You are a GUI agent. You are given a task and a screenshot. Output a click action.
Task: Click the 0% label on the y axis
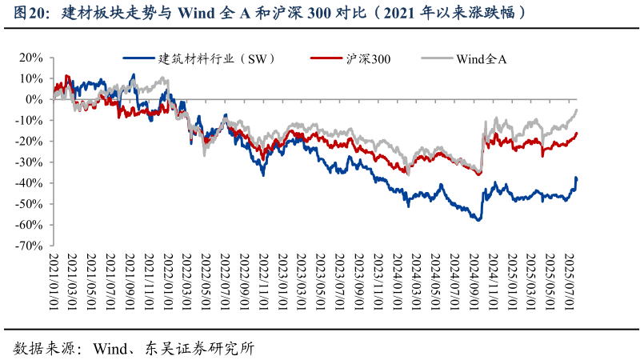pos(35,99)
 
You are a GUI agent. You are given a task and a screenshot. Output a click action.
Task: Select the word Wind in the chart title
pos(197,13)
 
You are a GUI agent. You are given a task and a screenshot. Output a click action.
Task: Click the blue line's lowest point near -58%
pos(479,219)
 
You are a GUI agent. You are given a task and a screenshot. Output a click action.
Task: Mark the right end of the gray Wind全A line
pos(577,110)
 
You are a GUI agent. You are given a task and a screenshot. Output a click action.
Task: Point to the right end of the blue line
pos(576,178)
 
